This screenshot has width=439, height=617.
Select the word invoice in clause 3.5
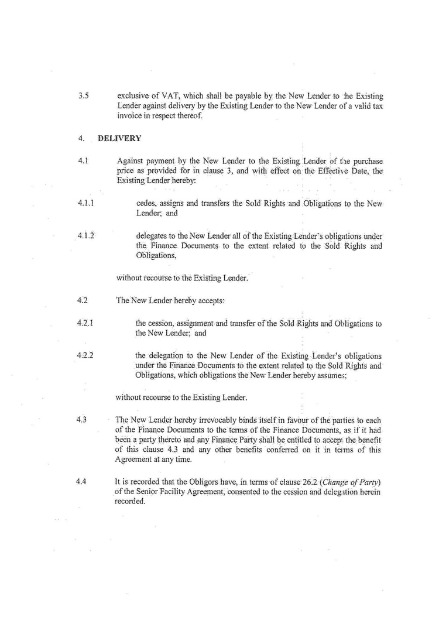click(x=131, y=116)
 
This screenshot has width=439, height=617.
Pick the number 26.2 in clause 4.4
click(x=309, y=482)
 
